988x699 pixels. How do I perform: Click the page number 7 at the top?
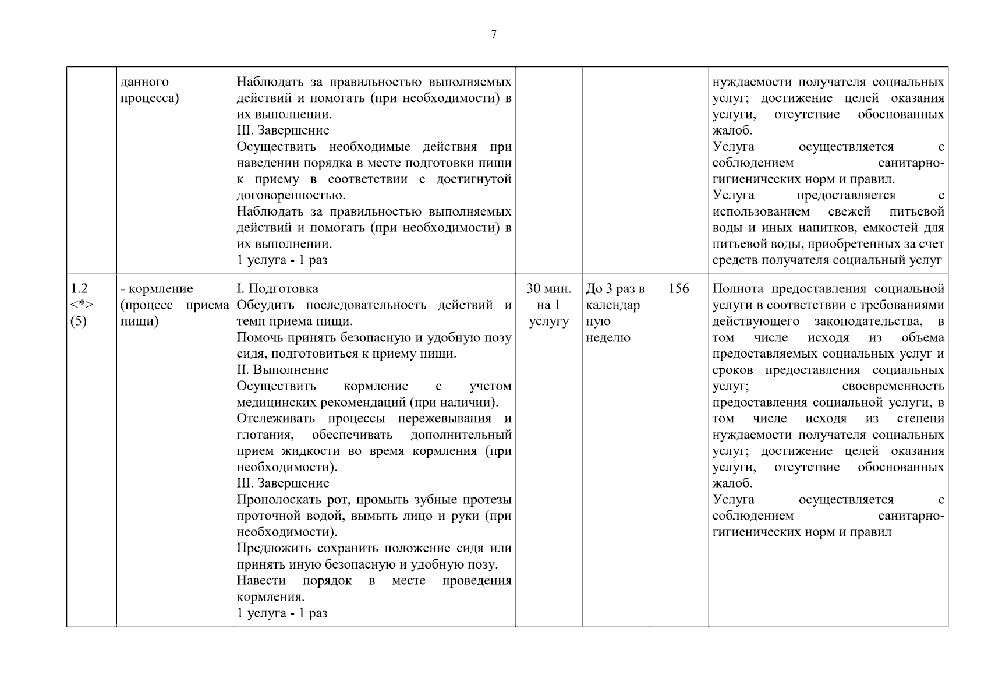tap(494, 34)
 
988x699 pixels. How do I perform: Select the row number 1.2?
tap(79, 289)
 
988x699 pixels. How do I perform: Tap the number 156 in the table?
tap(678, 289)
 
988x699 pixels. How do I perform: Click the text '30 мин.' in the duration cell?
tap(548, 289)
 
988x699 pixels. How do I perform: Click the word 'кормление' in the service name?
tap(160, 289)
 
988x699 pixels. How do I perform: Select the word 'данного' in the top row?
tap(144, 82)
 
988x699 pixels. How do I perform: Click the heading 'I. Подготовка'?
tap(278, 289)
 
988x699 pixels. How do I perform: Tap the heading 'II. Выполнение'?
tap(282, 370)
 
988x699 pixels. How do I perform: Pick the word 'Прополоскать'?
tap(275, 500)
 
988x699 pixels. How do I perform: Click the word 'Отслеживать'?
tap(275, 419)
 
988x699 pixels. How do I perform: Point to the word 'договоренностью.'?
tap(283, 196)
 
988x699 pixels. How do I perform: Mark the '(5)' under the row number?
tap(78, 322)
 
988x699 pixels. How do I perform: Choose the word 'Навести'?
tap(261, 581)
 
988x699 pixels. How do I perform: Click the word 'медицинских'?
tap(273, 403)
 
